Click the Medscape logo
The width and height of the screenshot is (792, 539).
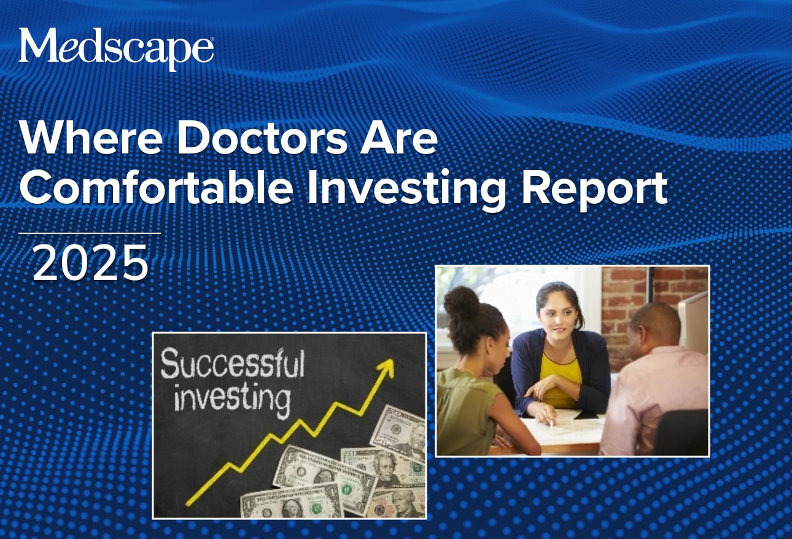116,47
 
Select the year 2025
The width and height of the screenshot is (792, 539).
91,263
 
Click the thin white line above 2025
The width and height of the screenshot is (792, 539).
90,233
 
